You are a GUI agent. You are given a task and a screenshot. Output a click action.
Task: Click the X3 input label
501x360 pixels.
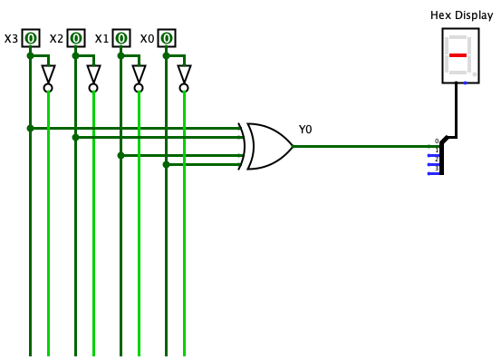(11, 39)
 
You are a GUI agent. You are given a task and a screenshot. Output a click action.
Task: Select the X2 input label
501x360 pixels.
(56, 39)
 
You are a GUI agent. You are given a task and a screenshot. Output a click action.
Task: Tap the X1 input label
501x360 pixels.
(101, 39)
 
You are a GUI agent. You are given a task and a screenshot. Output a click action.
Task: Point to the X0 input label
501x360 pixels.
(147, 39)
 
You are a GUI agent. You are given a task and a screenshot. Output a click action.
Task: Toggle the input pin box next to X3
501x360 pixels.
(31, 38)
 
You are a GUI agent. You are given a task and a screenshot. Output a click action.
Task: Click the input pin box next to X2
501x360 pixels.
(76, 38)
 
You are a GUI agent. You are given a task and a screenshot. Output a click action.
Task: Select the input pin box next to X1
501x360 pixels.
(121, 38)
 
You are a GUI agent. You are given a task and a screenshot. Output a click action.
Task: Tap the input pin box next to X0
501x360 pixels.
(167, 38)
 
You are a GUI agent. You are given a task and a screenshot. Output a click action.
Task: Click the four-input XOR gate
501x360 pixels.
(268, 146)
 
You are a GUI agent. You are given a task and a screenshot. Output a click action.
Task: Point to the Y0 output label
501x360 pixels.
(305, 130)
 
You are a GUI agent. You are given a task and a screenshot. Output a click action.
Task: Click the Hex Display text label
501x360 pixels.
(461, 15)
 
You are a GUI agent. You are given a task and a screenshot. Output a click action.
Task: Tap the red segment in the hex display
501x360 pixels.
(458, 55)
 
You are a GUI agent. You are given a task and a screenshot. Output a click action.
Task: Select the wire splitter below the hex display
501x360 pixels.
(441, 155)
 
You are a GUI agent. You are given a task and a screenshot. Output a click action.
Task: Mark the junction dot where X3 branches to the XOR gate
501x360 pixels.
(30, 128)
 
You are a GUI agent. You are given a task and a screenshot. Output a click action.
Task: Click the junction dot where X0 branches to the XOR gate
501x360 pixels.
(166, 164)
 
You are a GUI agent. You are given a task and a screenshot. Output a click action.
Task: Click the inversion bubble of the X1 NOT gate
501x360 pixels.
(139, 88)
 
